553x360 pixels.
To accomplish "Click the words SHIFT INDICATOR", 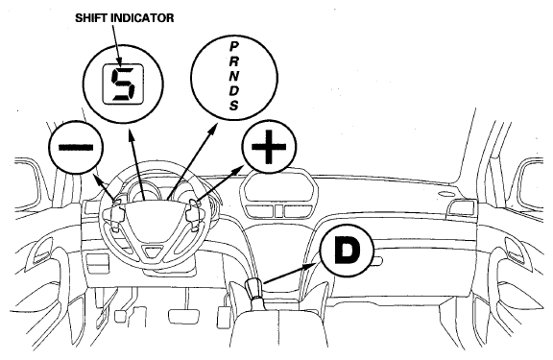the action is pos(124,18).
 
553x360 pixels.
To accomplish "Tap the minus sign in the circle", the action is pos(76,147).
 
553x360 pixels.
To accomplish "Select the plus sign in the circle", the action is pos(269,147).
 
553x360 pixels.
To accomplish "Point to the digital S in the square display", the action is pos(123,84).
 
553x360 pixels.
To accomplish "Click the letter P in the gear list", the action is pos(234,46).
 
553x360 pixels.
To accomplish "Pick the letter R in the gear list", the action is pos(234,61).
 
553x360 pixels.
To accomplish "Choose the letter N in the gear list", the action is pos(234,76).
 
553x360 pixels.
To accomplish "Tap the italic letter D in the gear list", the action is pos(234,90).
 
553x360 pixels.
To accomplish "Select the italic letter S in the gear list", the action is pos(234,105).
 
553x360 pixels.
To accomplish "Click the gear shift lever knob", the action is pos(253,289).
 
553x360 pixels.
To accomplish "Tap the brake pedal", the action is pos(182,316).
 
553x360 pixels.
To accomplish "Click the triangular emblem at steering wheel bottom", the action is pos(153,252).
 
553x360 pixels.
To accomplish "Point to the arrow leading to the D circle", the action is pos(291,273).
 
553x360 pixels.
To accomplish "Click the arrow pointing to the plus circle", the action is pos(220,184).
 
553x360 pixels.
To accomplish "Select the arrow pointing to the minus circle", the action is pos(105,187).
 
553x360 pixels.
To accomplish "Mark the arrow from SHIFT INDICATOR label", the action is pos(117,45).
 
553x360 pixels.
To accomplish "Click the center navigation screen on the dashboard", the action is pos(278,186).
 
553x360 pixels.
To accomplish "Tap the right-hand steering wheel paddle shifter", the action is pos(193,214).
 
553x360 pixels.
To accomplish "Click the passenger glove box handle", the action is pos(376,261).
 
